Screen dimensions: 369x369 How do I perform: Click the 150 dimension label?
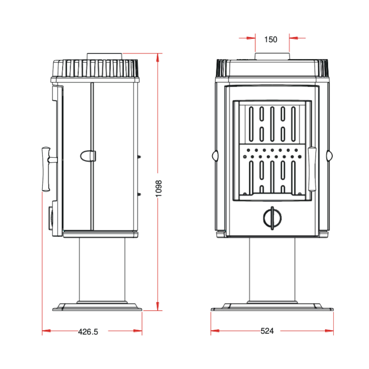(x=270, y=39)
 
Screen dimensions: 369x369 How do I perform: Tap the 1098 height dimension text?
(x=159, y=189)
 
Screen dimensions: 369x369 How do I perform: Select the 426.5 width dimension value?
(x=88, y=332)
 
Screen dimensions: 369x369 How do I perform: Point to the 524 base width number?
(x=267, y=331)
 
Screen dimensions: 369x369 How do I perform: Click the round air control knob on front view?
(x=272, y=218)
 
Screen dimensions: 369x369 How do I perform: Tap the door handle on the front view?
(x=312, y=169)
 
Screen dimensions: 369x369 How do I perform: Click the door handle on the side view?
(x=46, y=169)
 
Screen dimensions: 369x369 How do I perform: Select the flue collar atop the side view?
(x=104, y=56)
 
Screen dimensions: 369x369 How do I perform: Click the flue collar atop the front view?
(x=272, y=56)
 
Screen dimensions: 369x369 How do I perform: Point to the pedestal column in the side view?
(x=102, y=270)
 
